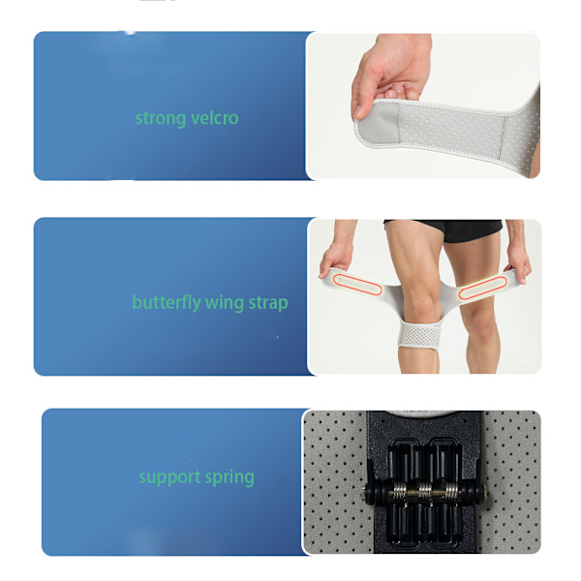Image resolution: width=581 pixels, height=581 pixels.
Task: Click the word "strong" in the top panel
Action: click(161, 118)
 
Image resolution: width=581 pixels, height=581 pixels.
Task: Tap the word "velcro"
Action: click(215, 118)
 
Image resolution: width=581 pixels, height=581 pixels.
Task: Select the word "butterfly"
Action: click(167, 303)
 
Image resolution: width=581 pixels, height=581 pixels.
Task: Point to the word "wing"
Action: click(225, 303)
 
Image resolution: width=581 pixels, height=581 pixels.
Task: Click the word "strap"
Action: click(268, 303)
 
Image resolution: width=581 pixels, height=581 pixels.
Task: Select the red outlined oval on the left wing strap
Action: click(356, 285)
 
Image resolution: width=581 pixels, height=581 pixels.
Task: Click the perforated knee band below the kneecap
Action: click(419, 336)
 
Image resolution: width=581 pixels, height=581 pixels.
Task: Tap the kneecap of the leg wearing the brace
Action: click(420, 304)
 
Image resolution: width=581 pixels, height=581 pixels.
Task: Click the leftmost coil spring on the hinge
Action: click(399, 491)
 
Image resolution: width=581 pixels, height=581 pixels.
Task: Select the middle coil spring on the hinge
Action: click(425, 491)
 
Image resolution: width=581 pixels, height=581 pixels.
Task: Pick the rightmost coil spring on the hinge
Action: click(452, 491)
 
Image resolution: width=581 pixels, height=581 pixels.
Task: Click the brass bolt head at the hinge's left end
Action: click(365, 492)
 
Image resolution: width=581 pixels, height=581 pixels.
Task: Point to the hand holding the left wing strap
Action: click(336, 258)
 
